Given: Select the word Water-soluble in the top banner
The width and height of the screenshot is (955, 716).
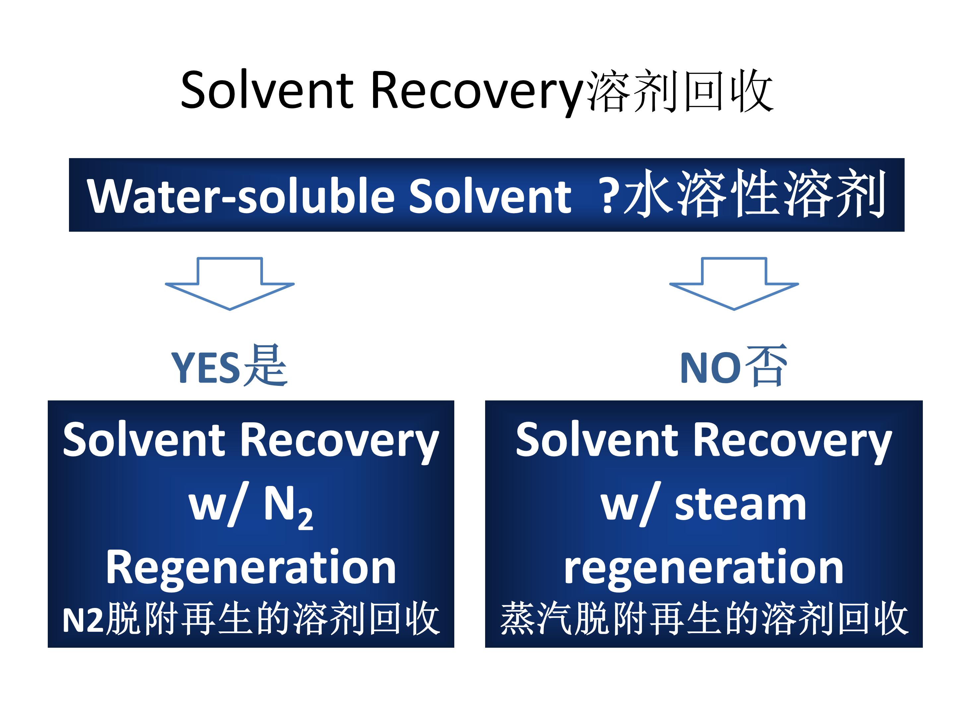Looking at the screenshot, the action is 241,196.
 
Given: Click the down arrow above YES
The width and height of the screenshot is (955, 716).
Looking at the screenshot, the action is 230,283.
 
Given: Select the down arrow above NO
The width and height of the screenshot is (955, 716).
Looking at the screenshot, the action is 734,283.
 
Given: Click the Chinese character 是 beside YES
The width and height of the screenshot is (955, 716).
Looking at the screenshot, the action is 265,366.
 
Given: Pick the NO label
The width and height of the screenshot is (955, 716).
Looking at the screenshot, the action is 711,368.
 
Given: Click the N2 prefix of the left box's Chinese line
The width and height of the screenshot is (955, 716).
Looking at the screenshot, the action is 83,621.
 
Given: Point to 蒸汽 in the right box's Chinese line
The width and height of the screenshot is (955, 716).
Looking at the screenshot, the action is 537,619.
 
